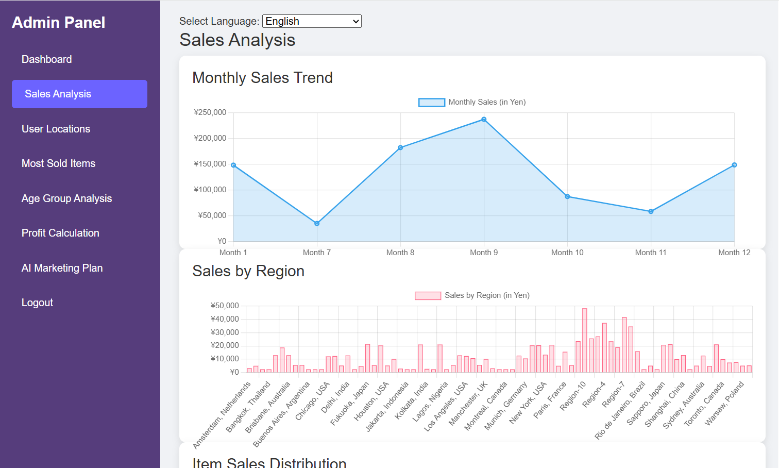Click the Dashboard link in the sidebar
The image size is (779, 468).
46,59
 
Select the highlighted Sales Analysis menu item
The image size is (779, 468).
79,94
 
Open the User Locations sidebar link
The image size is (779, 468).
56,129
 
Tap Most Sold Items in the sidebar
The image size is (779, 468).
58,163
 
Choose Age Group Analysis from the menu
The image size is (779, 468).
66,198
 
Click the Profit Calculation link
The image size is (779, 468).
60,233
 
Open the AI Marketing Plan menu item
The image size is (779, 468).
62,268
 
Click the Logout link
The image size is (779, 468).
37,303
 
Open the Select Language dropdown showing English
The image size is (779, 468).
312,21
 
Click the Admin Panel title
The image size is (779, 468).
58,23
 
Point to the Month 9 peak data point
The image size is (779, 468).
484,120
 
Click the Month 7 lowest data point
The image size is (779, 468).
317,224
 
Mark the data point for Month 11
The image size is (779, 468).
651,211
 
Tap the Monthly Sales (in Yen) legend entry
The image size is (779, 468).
472,102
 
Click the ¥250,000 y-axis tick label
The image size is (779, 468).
210,112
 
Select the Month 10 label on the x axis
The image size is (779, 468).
567,253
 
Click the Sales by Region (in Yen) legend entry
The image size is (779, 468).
472,295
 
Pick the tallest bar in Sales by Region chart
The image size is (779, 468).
584,340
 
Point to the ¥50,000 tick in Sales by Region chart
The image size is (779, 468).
225,306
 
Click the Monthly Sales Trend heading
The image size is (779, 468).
262,78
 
